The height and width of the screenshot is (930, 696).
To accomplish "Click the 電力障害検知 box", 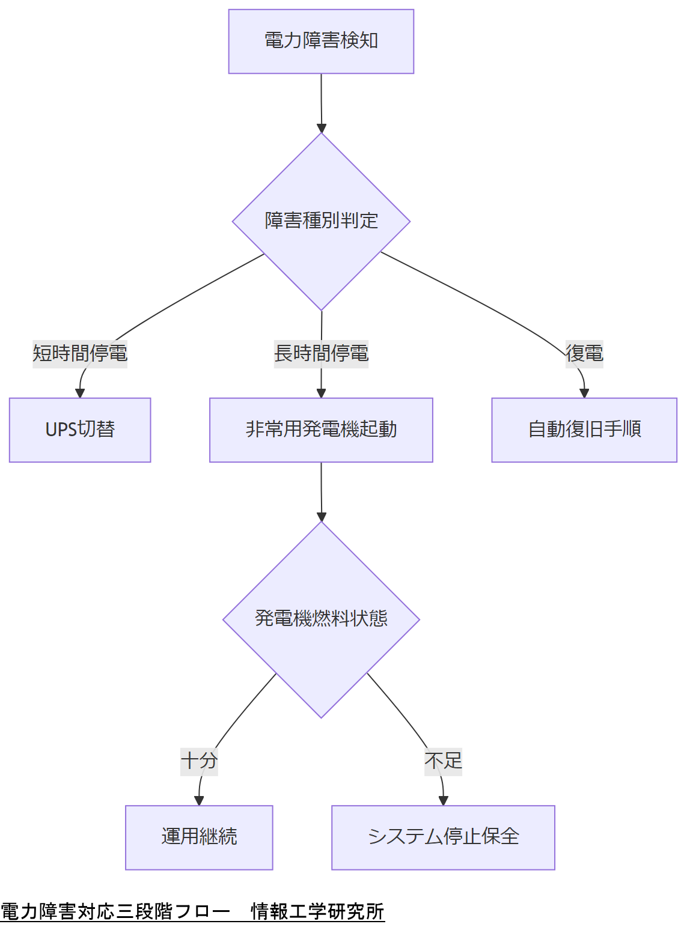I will pos(321,41).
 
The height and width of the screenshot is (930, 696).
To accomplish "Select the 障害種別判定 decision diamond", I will pos(321,221).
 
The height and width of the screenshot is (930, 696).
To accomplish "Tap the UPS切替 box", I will pos(80,430).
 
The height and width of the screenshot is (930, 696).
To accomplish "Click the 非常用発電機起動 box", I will pos(321,430).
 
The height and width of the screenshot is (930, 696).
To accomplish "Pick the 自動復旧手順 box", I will pos(584,430).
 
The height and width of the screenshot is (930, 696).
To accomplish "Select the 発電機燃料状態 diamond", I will pos(321,619).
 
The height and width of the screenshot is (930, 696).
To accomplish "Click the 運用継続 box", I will pos(199,837).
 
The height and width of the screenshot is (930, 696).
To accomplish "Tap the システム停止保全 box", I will pos(443,837).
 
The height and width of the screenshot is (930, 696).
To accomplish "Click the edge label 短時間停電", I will pos(80,353).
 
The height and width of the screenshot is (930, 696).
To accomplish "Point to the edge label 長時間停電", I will pos(321,353).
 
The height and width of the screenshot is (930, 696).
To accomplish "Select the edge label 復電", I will pos(584,353).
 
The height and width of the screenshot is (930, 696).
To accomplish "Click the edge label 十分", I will pos(199,761).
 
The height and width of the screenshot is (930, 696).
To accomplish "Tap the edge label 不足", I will pos(443,761).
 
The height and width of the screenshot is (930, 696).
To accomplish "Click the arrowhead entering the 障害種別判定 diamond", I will pos(322,128).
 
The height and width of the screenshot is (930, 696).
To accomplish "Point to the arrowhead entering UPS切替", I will pos(80,393).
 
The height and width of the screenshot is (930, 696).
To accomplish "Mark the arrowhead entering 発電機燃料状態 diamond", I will pos(322,517).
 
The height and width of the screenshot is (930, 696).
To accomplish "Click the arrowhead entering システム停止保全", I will pos(443,800).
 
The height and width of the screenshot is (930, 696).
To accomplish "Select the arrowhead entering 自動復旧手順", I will pos(584,393).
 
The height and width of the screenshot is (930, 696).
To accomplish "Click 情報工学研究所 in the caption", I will pos(317,911).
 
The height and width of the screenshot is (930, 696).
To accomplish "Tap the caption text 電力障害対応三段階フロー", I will pos(115,911).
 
